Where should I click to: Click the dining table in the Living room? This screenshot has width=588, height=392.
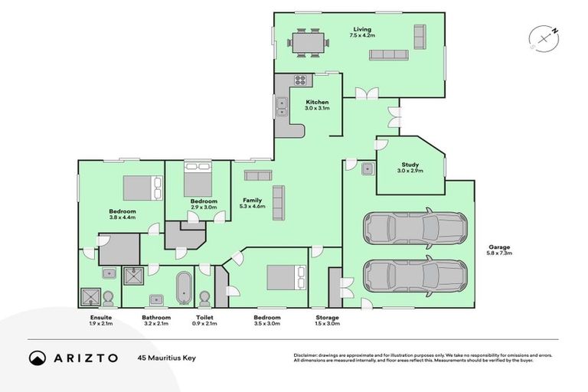coord(310,42)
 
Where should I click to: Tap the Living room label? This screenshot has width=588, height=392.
coord(361,29)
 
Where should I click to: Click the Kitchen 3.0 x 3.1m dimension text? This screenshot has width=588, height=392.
coord(318,109)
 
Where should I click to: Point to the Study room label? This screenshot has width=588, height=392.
coord(410,165)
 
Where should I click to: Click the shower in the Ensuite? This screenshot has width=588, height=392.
coord(90,296)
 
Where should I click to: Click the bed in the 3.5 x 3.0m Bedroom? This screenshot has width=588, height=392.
coord(286,277)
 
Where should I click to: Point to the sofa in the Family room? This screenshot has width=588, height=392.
coord(278,202)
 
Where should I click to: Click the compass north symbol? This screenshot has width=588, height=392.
coord(543,37)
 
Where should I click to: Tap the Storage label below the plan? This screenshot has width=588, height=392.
coord(327,317)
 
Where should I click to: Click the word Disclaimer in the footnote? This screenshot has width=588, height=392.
coord(308,355)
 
